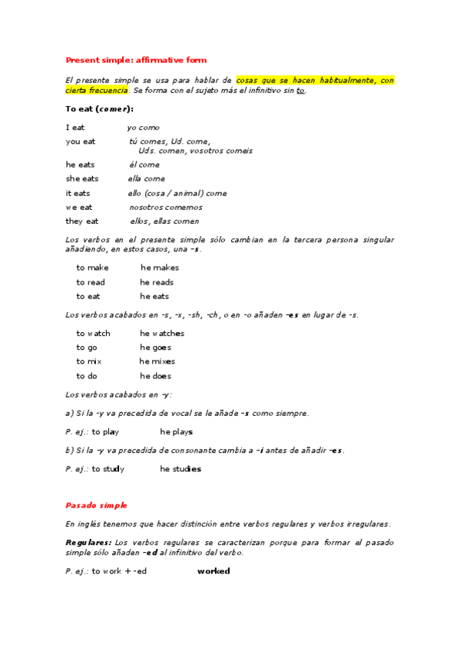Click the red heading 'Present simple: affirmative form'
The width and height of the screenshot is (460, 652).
tap(136, 59)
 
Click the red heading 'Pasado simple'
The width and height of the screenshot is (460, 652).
tap(96, 505)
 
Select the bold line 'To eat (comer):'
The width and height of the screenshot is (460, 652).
tap(99, 109)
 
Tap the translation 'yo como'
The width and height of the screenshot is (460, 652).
tap(143, 128)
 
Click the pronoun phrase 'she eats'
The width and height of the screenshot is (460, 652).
tap(82, 179)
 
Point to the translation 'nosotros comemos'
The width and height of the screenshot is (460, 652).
tap(166, 207)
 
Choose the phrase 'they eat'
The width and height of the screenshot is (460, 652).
tap(82, 221)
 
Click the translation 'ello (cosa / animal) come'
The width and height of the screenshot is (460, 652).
tap(177, 193)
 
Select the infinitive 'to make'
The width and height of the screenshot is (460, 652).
tap(92, 268)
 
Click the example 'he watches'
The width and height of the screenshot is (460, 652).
tap(162, 334)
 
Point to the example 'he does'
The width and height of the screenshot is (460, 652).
tap(155, 376)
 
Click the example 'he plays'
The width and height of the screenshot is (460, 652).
tap(177, 432)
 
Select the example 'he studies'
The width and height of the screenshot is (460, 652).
tap(180, 469)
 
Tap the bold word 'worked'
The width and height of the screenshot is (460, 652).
tap(213, 571)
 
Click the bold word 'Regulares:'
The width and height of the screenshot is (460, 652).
tap(89, 543)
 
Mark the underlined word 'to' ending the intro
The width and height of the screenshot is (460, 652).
tap(300, 91)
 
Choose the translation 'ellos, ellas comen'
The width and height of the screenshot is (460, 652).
tap(164, 221)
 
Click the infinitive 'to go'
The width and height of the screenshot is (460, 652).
tap(86, 348)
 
